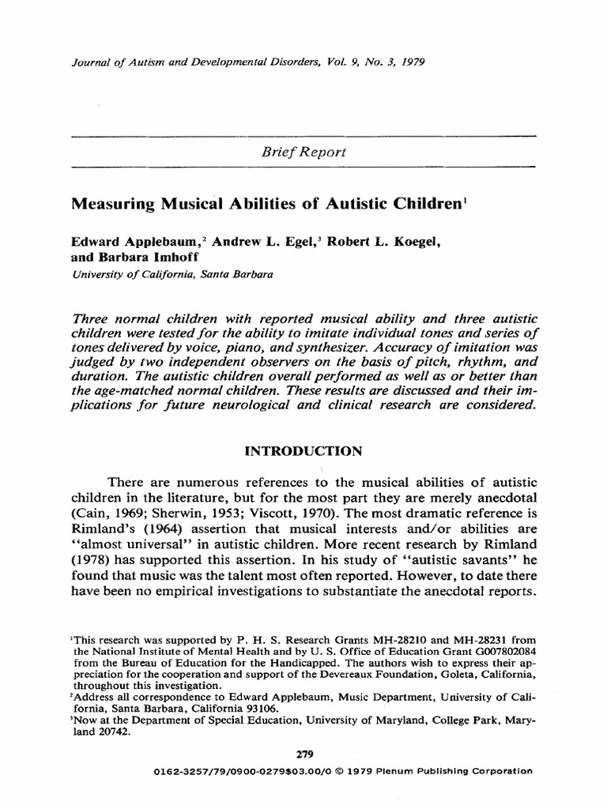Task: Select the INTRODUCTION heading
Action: click(x=303, y=452)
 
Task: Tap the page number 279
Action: click(x=303, y=754)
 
